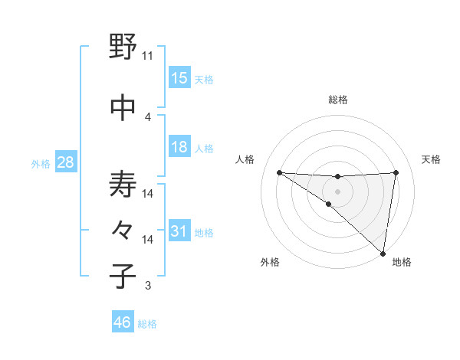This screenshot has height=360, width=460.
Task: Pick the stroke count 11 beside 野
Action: (148, 56)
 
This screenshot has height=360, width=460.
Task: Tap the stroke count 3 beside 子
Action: (148, 286)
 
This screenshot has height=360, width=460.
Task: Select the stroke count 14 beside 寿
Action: (148, 194)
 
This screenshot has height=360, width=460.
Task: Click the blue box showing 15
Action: (179, 77)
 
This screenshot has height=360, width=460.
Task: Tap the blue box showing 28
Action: (65, 162)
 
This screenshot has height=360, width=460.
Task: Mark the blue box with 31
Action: (179, 231)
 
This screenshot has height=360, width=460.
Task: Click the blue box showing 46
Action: (123, 322)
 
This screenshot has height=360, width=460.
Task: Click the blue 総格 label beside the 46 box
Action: (147, 324)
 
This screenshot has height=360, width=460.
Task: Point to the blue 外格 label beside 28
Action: (41, 163)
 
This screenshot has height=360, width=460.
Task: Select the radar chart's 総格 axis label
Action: (338, 100)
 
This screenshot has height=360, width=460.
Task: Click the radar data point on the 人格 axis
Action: (279, 172)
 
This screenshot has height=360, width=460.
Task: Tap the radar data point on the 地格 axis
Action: (383, 253)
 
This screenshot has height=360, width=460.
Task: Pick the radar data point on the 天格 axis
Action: (396, 172)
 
